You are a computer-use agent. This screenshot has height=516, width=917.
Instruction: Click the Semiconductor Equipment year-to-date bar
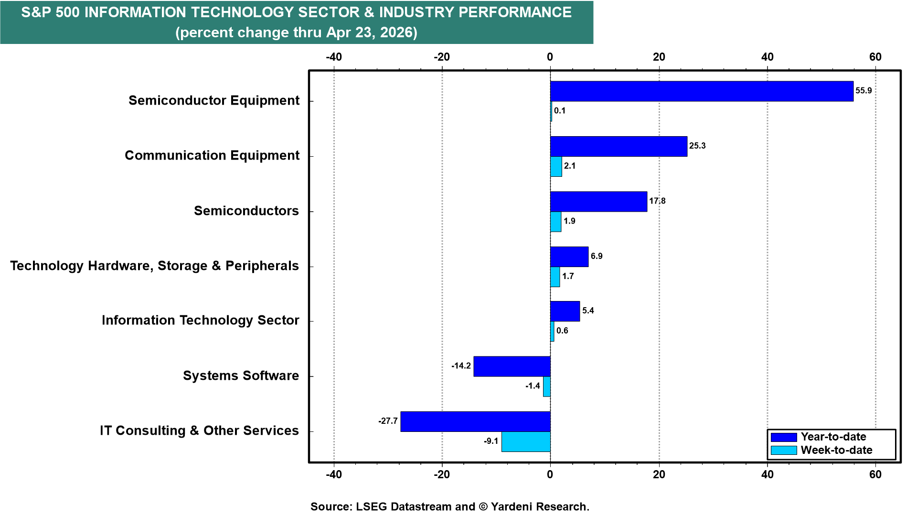point(701,91)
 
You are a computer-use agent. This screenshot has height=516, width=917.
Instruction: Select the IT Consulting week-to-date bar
point(525,441)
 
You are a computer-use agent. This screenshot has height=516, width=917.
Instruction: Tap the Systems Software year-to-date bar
point(512,366)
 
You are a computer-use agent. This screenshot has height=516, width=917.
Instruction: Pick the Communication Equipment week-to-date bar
point(556,166)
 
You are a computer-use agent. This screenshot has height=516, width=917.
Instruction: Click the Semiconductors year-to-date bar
point(598,202)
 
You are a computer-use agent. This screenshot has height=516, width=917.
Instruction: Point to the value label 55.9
point(864,91)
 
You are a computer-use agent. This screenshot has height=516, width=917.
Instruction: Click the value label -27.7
point(388,421)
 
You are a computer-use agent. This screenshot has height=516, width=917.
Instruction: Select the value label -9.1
point(491,441)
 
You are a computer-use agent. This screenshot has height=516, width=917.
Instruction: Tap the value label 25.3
point(697,146)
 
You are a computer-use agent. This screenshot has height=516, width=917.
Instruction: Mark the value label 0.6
point(562,331)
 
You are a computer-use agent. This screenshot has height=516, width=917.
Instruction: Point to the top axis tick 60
point(875,57)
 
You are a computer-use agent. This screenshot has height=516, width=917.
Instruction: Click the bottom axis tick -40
point(334,474)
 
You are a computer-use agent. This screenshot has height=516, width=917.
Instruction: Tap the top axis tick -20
point(442,57)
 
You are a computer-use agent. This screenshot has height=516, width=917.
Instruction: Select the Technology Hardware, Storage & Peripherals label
point(154,266)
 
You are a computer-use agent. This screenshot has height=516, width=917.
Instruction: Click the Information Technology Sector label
point(200,320)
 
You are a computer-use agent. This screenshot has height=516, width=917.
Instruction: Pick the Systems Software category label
point(241,376)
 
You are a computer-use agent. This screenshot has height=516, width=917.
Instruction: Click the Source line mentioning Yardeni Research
point(449,506)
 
